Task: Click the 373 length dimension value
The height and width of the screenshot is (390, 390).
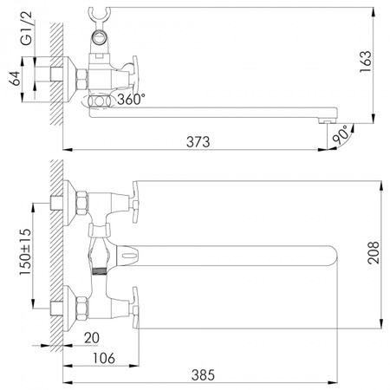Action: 198,141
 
